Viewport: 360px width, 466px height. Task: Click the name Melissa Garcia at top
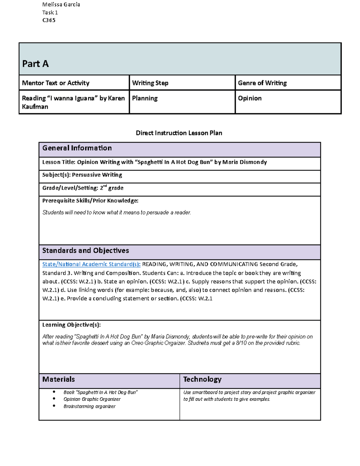click(61, 5)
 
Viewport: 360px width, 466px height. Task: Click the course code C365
click(49, 20)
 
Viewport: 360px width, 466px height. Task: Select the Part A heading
click(35, 64)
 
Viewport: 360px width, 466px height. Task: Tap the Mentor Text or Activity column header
click(56, 83)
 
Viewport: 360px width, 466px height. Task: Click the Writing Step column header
click(150, 83)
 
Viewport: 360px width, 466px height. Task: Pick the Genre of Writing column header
click(262, 83)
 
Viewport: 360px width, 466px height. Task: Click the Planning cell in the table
click(145, 98)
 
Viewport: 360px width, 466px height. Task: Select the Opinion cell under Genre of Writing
click(250, 98)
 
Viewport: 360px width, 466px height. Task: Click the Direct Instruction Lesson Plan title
click(179, 133)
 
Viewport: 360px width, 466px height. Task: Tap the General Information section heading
click(77, 148)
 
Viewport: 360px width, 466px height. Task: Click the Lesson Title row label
click(59, 162)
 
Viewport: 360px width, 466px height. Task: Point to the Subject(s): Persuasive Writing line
click(82, 175)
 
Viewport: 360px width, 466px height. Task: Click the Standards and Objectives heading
click(85, 251)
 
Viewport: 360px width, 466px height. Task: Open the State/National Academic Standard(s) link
click(91, 264)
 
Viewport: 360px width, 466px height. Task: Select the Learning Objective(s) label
click(71, 325)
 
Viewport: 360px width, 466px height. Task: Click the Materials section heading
click(58, 379)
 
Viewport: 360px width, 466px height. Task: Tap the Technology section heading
click(202, 379)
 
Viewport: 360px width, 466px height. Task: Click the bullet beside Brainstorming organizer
click(54, 406)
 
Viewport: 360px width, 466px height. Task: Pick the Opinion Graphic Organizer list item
click(92, 399)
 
